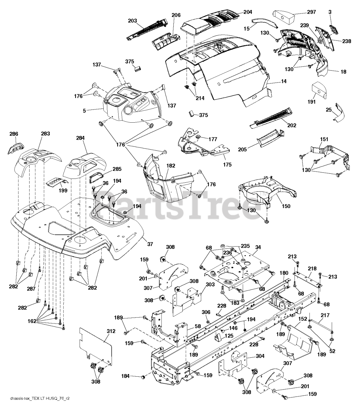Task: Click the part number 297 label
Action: (x=311, y=12)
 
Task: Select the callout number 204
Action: (x=248, y=12)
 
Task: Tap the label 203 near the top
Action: (x=133, y=21)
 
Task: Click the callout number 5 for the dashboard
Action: (x=84, y=111)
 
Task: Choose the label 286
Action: (x=14, y=134)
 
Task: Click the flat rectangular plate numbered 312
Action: (x=95, y=347)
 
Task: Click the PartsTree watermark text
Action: (x=180, y=202)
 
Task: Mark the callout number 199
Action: (x=63, y=190)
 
